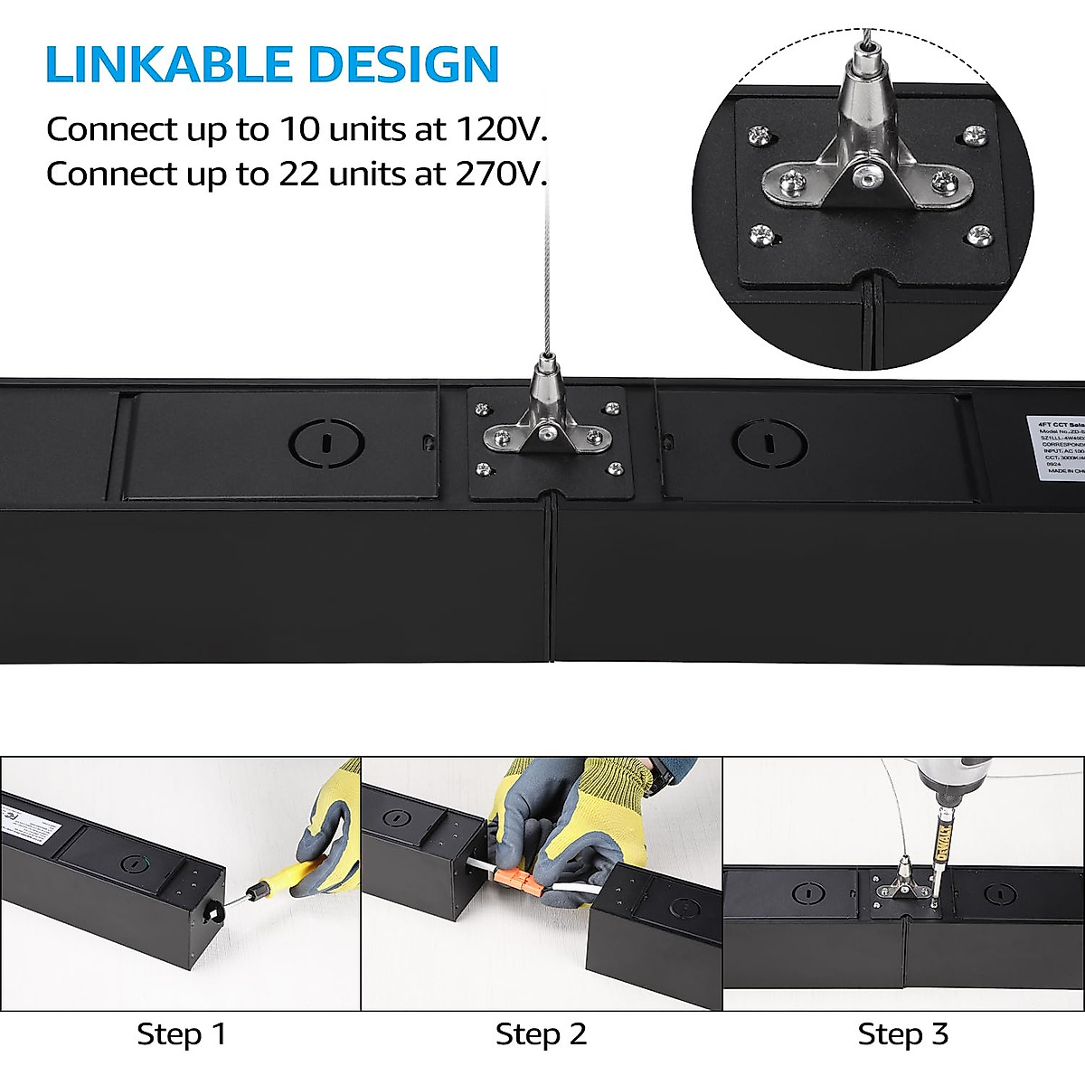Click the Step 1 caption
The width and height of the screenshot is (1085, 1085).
(x=181, y=1034)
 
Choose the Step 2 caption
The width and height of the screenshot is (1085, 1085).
(x=541, y=1034)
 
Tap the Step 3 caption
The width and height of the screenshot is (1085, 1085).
(x=902, y=1034)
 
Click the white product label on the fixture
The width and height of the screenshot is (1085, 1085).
(x=1056, y=447)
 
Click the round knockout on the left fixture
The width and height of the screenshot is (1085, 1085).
(x=326, y=443)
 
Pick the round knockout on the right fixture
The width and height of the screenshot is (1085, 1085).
(x=769, y=443)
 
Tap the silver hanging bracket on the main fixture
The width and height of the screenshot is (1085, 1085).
(x=546, y=425)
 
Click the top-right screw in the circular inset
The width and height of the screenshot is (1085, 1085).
(x=975, y=135)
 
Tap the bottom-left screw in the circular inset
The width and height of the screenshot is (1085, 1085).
(x=759, y=237)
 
